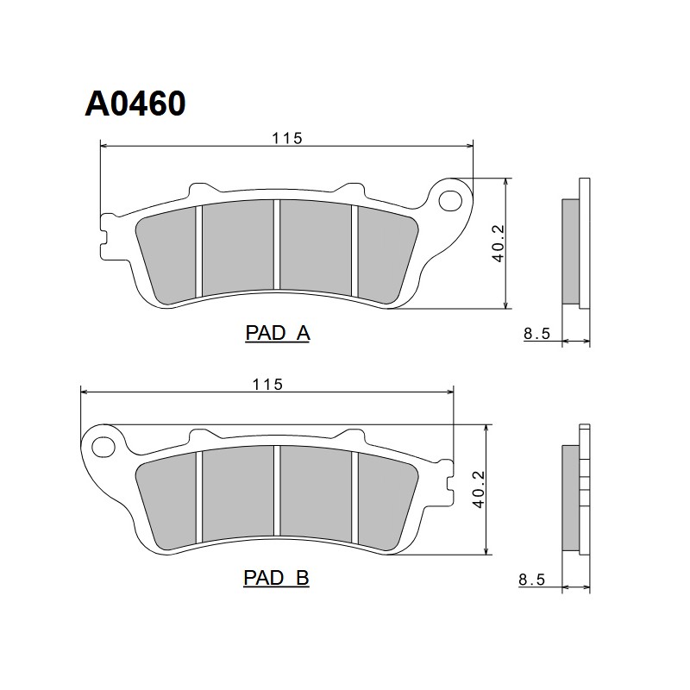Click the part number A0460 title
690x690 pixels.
[x=135, y=103]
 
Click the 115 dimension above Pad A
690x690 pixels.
[x=287, y=138]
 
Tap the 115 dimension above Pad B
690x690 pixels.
[x=267, y=385]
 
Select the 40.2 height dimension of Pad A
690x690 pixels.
[x=499, y=243]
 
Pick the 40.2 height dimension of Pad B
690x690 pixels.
[x=479, y=489]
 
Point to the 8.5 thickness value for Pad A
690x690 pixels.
[x=536, y=334]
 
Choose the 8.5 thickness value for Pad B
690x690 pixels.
[x=532, y=580]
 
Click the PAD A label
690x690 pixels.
[x=278, y=333]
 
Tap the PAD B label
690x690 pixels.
[x=276, y=578]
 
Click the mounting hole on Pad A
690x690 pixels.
[x=450, y=201]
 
